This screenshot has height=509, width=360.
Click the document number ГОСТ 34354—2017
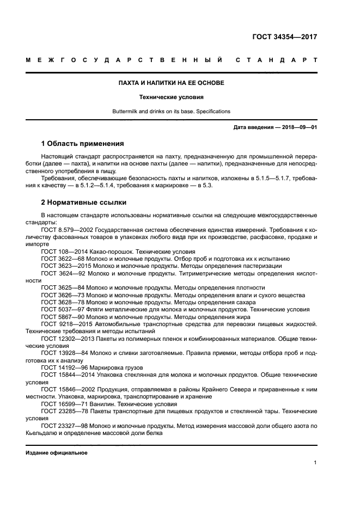[284, 37]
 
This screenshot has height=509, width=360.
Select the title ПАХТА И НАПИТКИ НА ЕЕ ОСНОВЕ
[172, 83]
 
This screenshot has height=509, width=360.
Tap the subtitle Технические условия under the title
[172, 97]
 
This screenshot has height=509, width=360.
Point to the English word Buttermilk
[126, 112]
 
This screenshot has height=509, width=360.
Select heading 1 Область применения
[82, 144]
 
